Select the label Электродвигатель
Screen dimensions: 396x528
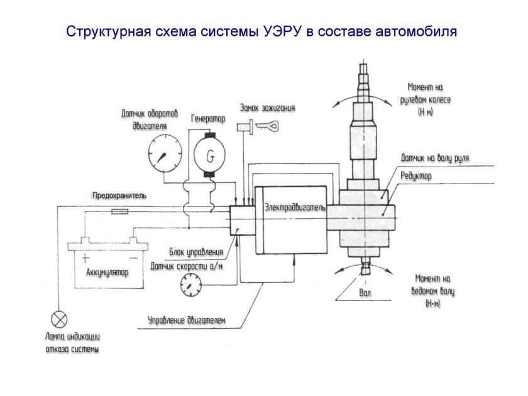click(294, 207)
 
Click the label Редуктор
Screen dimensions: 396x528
click(416, 177)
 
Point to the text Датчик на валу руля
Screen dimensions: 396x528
click(435, 158)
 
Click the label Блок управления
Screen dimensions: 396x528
click(196, 252)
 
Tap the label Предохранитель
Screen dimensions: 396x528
click(119, 195)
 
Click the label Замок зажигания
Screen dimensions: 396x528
click(267, 107)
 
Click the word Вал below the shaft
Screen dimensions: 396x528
click(365, 293)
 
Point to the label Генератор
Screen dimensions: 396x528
click(208, 119)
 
